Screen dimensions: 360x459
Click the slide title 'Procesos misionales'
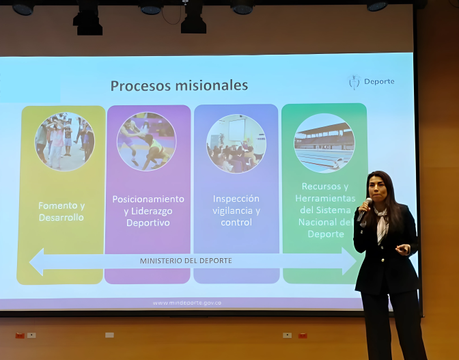click(179, 86)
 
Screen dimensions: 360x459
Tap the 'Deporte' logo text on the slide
click(378, 82)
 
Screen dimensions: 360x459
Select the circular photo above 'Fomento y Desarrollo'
click(65, 141)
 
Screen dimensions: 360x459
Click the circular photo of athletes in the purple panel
click(146, 141)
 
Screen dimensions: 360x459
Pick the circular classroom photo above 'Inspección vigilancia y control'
click(236, 143)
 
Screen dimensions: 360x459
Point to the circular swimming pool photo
click(324, 142)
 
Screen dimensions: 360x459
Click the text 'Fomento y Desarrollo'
click(61, 211)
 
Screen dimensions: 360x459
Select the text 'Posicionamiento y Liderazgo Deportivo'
click(148, 210)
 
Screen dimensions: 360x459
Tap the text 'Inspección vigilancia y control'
click(236, 210)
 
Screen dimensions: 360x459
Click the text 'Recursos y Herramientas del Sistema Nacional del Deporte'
click(324, 210)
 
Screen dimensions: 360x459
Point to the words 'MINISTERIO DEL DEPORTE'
click(186, 261)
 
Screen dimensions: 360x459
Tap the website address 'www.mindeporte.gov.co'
click(186, 303)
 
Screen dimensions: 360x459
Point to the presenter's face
click(379, 192)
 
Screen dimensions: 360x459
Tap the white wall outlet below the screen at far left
click(31, 335)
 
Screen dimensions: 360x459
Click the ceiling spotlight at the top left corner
click(23, 8)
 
